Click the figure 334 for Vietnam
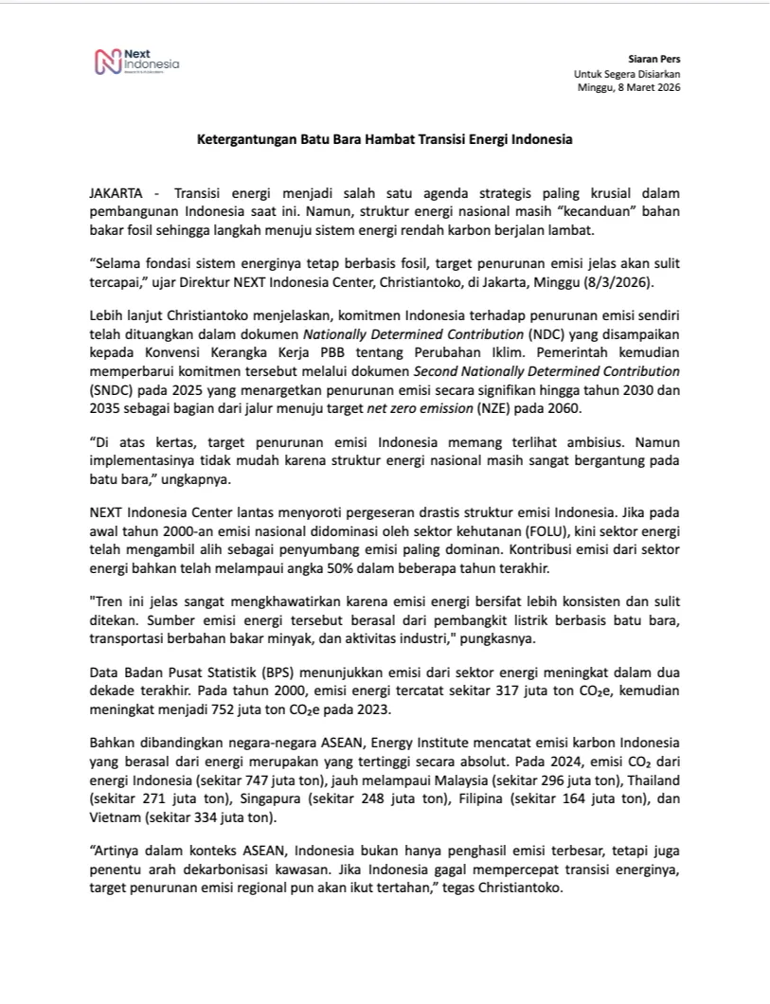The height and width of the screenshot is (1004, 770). coord(197,816)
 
